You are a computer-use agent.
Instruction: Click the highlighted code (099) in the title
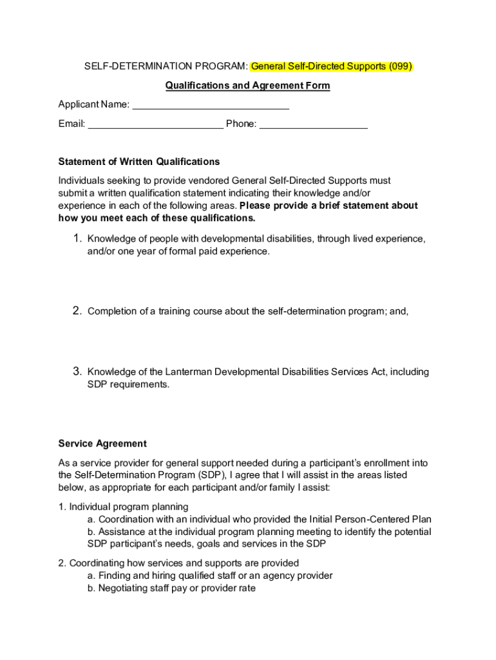397,66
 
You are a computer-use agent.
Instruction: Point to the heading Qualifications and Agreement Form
247,86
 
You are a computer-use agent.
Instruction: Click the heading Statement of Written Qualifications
138,162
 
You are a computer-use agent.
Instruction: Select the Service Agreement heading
102,443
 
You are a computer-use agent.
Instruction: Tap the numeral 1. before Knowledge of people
77,239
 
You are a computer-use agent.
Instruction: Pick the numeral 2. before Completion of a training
77,311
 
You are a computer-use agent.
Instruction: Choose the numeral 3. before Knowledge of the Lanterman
77,372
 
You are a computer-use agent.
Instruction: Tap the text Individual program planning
129,507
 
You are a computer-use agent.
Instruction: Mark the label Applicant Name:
93,104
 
